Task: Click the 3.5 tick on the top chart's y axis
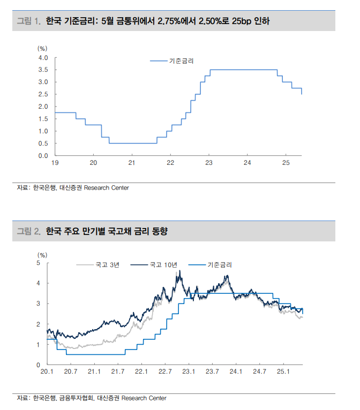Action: tap(43, 70)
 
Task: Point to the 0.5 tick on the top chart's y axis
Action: tap(43, 143)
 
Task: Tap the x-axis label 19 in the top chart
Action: tap(55, 163)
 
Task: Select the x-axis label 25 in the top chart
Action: tap(286, 163)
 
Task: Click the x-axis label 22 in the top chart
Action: tap(170, 163)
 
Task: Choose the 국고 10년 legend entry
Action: tap(163, 264)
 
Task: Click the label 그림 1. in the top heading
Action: tap(29, 21)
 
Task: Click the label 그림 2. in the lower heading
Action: tap(29, 231)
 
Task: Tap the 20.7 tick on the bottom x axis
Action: tap(71, 371)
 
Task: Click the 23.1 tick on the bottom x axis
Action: tap(189, 371)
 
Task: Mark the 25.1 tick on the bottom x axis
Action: tap(283, 371)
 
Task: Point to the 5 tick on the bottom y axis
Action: tap(39, 263)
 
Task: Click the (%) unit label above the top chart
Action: tap(42, 48)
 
